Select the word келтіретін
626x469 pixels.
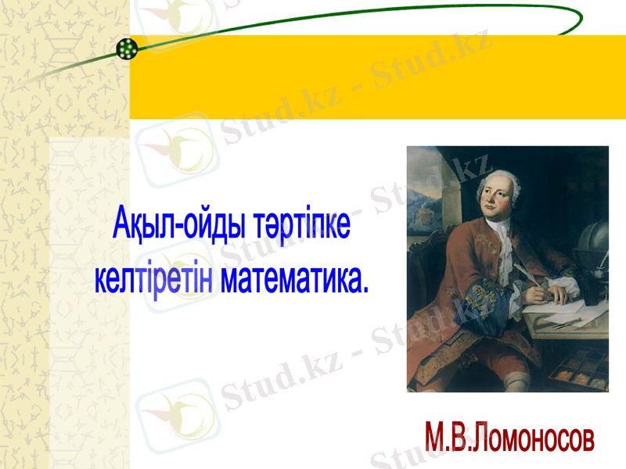[x=153, y=279]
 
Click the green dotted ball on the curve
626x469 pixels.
[x=127, y=49]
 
